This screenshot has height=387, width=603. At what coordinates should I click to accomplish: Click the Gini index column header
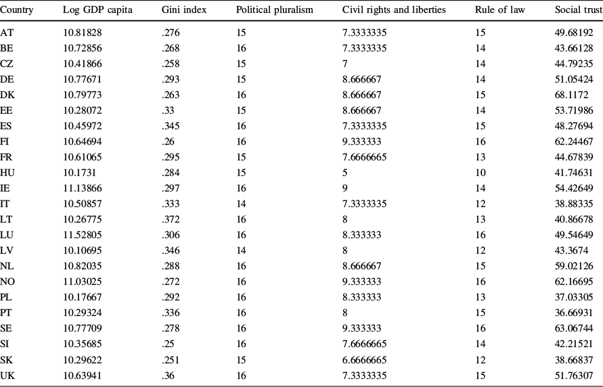coord(184,12)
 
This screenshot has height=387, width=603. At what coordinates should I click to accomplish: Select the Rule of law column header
coord(500,12)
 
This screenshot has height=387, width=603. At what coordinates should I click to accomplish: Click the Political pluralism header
coord(274,12)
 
